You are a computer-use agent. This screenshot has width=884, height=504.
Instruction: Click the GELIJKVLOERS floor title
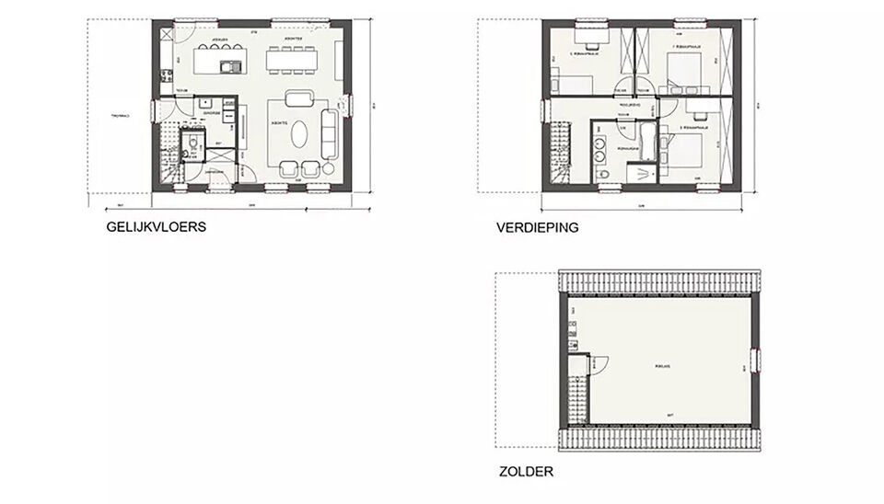click(156, 227)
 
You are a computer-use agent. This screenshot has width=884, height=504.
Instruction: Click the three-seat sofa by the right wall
click(330, 132)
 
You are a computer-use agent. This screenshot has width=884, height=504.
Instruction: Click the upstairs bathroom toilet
click(601, 173)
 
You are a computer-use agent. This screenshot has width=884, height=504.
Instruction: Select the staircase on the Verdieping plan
click(559, 156)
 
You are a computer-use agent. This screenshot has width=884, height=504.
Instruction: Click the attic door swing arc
click(599, 364)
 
